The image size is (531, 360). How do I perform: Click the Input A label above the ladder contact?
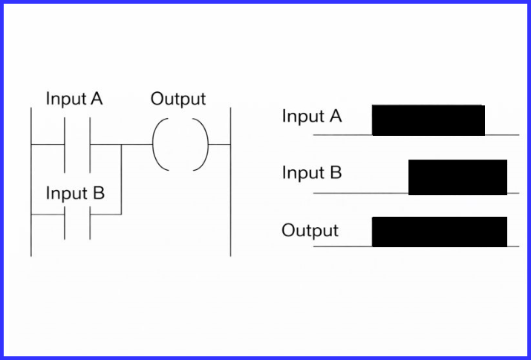click(x=74, y=99)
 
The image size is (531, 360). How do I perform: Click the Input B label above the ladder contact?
click(x=75, y=194)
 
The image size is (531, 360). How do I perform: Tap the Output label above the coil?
click(x=178, y=99)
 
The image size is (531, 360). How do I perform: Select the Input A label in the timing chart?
click(x=313, y=117)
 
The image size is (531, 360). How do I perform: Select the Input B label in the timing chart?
click(x=312, y=174)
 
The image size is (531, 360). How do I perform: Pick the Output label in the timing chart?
click(x=310, y=231)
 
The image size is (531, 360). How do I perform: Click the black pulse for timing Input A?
click(x=428, y=120)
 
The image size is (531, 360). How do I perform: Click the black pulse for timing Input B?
click(x=457, y=177)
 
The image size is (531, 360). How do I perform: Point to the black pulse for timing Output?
click(x=439, y=232)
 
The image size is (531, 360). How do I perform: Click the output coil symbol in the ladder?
click(x=180, y=144)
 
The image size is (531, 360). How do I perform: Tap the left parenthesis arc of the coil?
click(x=157, y=144)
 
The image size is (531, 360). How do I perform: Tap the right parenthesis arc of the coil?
click(x=204, y=144)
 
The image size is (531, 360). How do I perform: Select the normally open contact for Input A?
click(x=77, y=144)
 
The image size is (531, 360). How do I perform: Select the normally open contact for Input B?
click(x=77, y=215)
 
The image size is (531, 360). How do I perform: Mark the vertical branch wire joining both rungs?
click(x=121, y=179)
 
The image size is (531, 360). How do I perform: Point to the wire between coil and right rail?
click(x=219, y=144)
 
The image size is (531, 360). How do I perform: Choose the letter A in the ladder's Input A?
click(x=97, y=99)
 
